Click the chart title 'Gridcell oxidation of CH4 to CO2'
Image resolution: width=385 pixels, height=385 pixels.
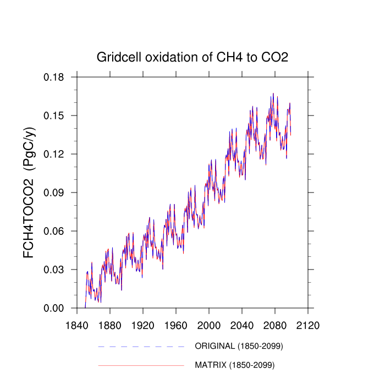click(x=193, y=57)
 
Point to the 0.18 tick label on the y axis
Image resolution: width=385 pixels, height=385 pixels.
click(x=54, y=77)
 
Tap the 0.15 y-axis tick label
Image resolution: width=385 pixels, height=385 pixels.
click(x=54, y=116)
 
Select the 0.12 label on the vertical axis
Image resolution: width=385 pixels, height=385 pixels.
click(x=54, y=154)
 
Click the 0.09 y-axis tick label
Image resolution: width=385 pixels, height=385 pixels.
click(x=54, y=193)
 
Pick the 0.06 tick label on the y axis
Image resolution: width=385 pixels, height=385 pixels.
click(x=54, y=231)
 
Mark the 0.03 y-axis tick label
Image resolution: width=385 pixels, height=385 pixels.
click(x=54, y=269)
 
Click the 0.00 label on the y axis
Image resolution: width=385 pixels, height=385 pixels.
click(x=54, y=308)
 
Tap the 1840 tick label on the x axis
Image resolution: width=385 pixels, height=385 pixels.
click(x=77, y=325)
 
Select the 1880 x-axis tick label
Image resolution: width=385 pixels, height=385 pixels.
click(x=110, y=325)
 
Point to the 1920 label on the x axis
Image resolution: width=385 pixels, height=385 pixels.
click(x=143, y=325)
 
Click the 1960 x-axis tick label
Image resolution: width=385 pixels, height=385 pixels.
click(x=176, y=325)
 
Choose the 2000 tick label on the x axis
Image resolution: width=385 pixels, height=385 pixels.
click(x=209, y=325)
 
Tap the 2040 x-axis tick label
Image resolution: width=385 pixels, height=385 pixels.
click(x=242, y=325)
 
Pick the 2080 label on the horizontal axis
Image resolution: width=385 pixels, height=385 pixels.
click(x=275, y=325)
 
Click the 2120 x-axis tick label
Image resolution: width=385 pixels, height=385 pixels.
click(x=308, y=325)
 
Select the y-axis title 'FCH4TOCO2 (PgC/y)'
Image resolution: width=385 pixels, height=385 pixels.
click(x=30, y=193)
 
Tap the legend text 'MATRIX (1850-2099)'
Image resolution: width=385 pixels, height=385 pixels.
click(x=234, y=365)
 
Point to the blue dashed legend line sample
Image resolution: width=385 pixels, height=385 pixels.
click(x=141, y=346)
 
